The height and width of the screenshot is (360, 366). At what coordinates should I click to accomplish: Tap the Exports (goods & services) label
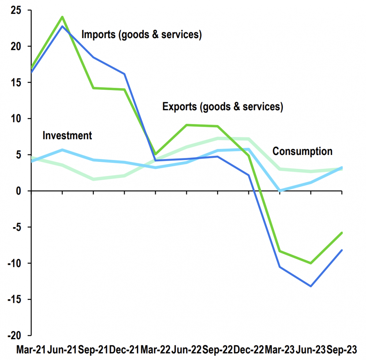[x=223, y=107]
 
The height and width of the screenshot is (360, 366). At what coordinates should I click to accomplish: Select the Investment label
[x=67, y=136]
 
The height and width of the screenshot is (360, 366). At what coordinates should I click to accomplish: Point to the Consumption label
[x=303, y=151]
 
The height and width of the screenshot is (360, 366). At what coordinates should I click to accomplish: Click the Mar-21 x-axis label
[x=31, y=350]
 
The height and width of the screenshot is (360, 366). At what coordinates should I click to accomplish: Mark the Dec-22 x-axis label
[x=249, y=350]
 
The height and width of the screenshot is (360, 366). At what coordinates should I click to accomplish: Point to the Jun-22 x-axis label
[x=186, y=350]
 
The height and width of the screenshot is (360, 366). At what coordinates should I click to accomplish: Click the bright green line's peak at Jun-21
[x=63, y=17]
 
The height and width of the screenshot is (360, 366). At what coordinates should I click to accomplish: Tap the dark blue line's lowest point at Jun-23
[x=311, y=286]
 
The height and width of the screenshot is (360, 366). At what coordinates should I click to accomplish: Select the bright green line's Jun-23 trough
[x=311, y=263]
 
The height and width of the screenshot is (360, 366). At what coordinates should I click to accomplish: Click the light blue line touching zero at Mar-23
[x=280, y=191]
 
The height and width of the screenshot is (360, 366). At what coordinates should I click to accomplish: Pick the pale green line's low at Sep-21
[x=94, y=179]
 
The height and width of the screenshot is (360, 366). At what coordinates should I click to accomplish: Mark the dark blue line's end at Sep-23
[x=341, y=250]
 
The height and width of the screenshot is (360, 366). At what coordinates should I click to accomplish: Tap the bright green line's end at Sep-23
[x=341, y=233]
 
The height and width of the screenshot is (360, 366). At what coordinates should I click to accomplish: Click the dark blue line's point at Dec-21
[x=125, y=74]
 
